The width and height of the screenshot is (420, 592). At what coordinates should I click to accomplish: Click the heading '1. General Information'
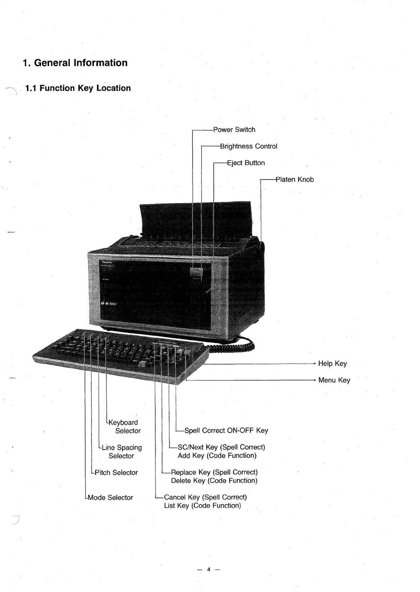75,63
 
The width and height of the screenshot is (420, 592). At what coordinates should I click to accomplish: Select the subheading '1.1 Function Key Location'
78,88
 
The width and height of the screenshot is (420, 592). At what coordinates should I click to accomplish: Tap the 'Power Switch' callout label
234,130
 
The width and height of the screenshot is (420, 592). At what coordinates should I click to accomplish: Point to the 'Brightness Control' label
249,146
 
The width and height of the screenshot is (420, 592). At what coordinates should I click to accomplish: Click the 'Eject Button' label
246,163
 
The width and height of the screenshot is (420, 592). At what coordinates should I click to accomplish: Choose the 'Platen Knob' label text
295,180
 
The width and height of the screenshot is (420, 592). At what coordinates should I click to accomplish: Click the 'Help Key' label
332,364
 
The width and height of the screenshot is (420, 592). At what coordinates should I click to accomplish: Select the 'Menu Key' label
334,380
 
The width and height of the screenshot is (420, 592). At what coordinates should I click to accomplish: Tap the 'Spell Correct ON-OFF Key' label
226,431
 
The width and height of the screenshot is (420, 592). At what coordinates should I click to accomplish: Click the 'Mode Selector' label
110,498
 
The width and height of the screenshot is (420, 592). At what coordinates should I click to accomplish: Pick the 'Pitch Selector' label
116,473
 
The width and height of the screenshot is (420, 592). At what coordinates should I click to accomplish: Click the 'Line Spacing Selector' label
122,452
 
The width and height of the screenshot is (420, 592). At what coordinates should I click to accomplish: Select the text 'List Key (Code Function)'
202,506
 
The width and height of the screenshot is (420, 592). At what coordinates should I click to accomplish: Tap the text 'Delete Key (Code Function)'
214,481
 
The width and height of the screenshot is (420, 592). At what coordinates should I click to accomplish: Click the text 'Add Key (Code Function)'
217,456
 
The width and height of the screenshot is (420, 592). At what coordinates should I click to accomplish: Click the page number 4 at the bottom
208,570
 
